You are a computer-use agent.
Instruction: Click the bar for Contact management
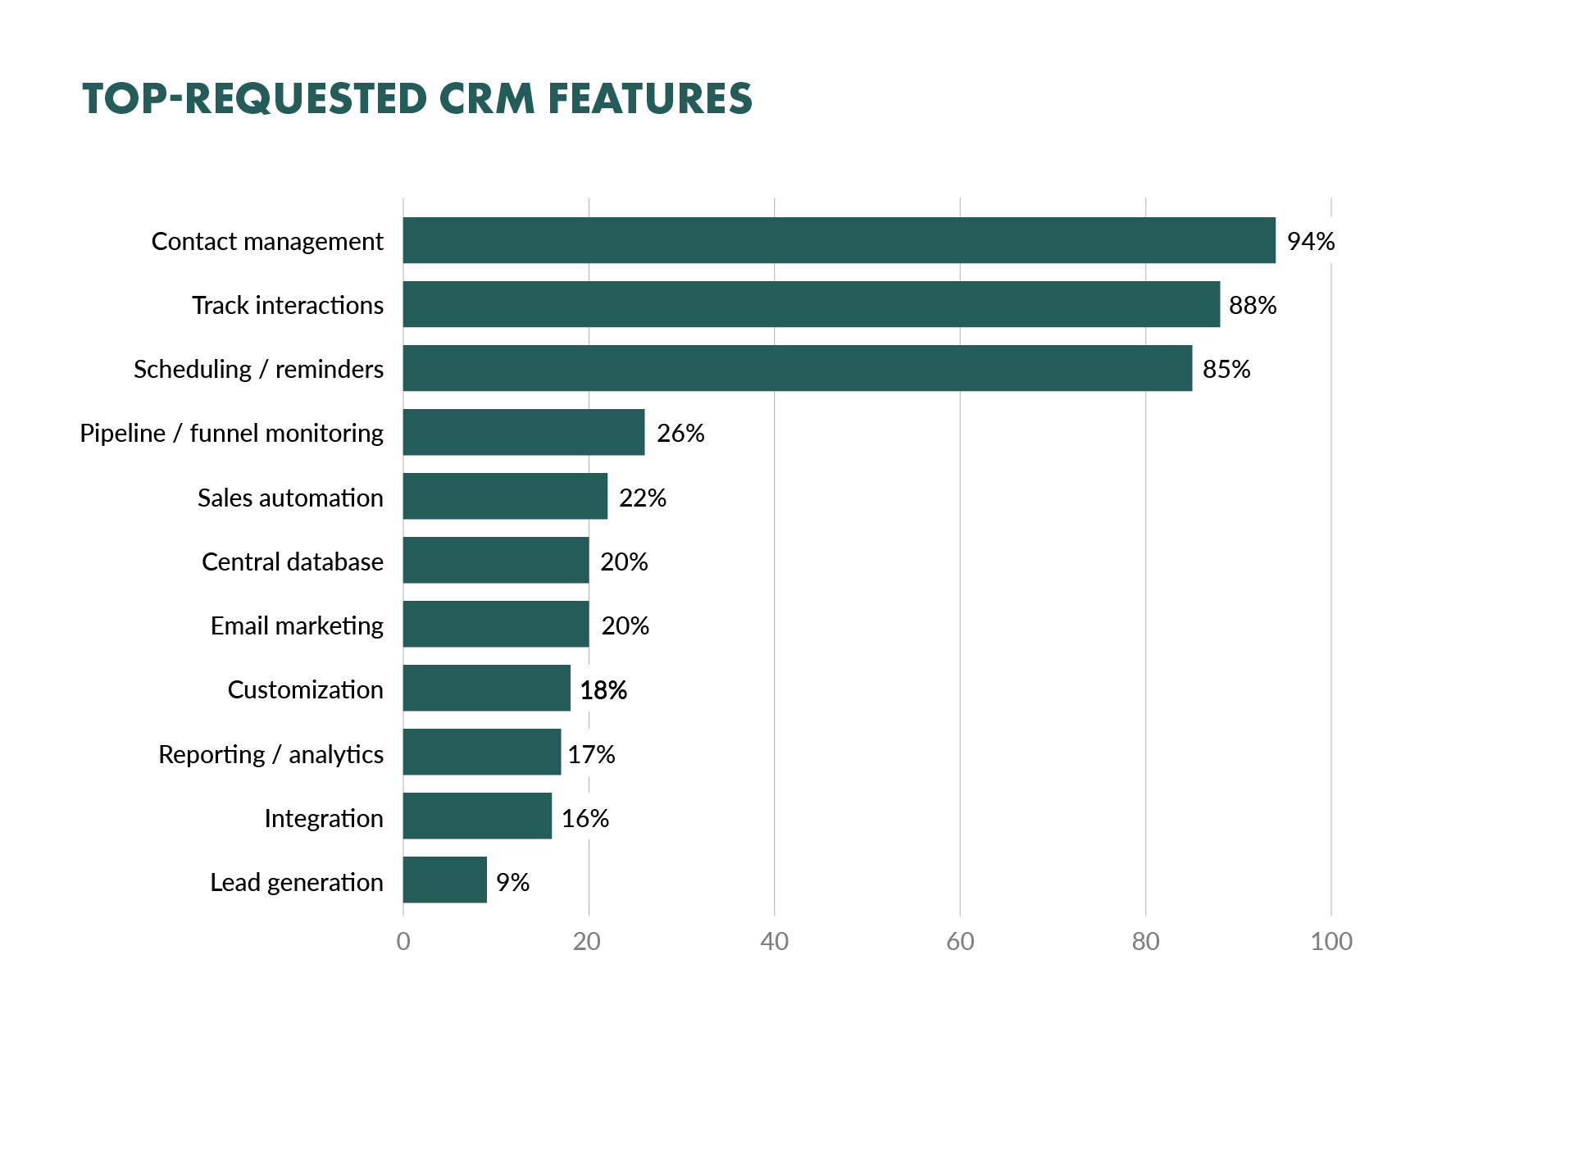coord(839,240)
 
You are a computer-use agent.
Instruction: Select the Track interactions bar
coord(811,304)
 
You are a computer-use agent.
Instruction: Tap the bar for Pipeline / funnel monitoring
coord(523,432)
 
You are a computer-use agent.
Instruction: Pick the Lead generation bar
coord(444,880)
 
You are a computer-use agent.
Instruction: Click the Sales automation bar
coord(505,496)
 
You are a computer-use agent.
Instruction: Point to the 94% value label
coord(1310,241)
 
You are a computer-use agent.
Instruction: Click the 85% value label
coord(1226,369)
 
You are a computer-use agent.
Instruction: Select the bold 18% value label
coord(603,690)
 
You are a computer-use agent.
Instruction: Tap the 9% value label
coord(512,882)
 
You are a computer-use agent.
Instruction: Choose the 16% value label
coord(585,818)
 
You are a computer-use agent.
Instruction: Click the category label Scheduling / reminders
coord(258,369)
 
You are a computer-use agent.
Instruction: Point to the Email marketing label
coord(297,625)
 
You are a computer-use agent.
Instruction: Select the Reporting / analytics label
coord(271,754)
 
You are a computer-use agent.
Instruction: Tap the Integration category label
coord(323,818)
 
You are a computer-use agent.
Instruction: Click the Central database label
coord(292,562)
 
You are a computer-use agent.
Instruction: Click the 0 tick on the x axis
coord(403,941)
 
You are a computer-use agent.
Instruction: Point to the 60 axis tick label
coord(959,941)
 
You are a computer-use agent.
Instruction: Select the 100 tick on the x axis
coord(1331,941)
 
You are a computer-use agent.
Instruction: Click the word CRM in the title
coord(486,98)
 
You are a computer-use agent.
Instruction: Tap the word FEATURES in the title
coord(649,98)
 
